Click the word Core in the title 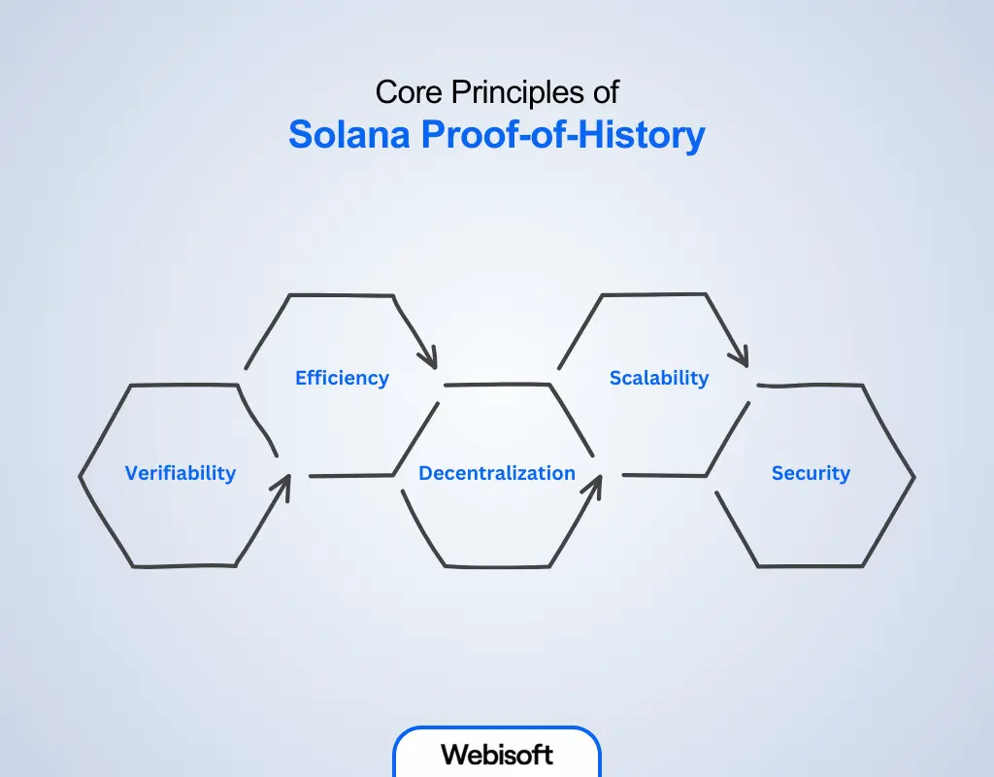click(x=409, y=92)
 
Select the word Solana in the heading click(x=349, y=134)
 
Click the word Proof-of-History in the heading click(x=563, y=135)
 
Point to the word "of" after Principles click(x=606, y=92)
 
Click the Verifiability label click(x=180, y=473)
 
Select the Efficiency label click(x=343, y=378)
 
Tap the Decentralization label click(x=497, y=473)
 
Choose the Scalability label click(x=659, y=378)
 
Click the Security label click(x=811, y=473)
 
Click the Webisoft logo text click(x=497, y=755)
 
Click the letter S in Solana click(x=301, y=134)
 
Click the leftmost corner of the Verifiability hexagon click(x=80, y=476)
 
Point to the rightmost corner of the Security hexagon click(x=914, y=477)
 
